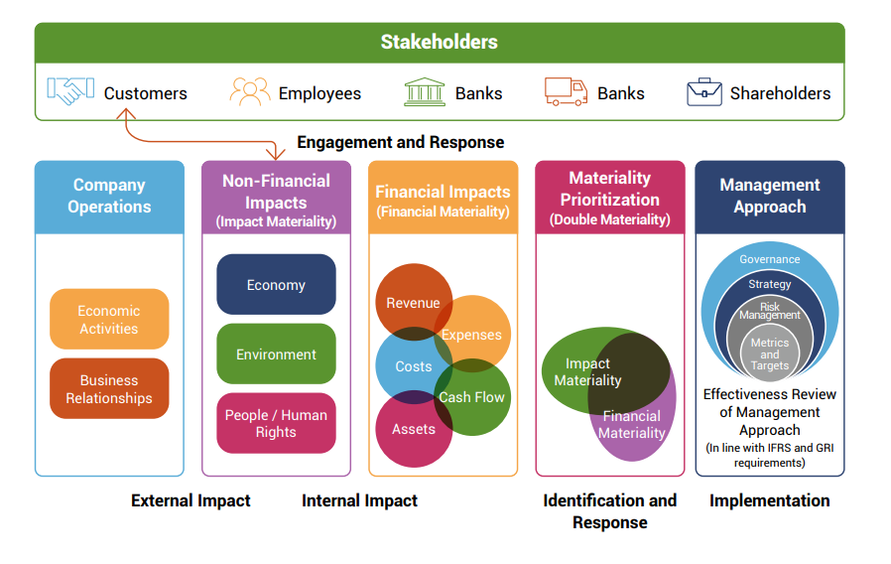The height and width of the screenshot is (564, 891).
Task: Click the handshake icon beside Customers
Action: coord(70,91)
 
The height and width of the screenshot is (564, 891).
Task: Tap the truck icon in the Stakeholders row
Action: coord(566,91)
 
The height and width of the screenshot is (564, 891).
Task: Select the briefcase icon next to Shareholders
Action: coord(704,92)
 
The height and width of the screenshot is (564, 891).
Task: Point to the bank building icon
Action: coord(425,92)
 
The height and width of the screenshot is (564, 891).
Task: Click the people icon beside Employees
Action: coord(250,91)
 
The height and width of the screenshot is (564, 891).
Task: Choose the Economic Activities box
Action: coord(109,319)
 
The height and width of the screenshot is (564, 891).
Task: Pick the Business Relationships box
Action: coord(109,388)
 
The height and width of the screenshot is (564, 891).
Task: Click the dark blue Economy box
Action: coord(276,284)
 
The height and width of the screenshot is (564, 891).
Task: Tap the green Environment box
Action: coord(276,353)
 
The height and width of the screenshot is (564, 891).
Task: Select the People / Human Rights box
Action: coord(276,423)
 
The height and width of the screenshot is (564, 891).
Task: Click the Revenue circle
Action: coord(414,302)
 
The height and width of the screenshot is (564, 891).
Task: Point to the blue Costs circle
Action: coord(414,365)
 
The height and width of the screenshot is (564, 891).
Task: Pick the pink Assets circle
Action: coord(414,429)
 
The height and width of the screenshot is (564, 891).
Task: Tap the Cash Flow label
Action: coord(471,397)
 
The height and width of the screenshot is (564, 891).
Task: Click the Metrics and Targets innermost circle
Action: coord(770,353)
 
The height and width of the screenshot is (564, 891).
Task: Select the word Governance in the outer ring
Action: coord(769,259)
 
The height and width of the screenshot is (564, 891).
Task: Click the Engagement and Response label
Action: coord(401,142)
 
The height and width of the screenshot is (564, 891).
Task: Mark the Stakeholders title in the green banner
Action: coord(440,42)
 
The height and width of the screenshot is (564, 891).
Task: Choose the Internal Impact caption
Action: coord(360,500)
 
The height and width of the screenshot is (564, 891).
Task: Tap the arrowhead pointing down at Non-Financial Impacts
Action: coord(276,154)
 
